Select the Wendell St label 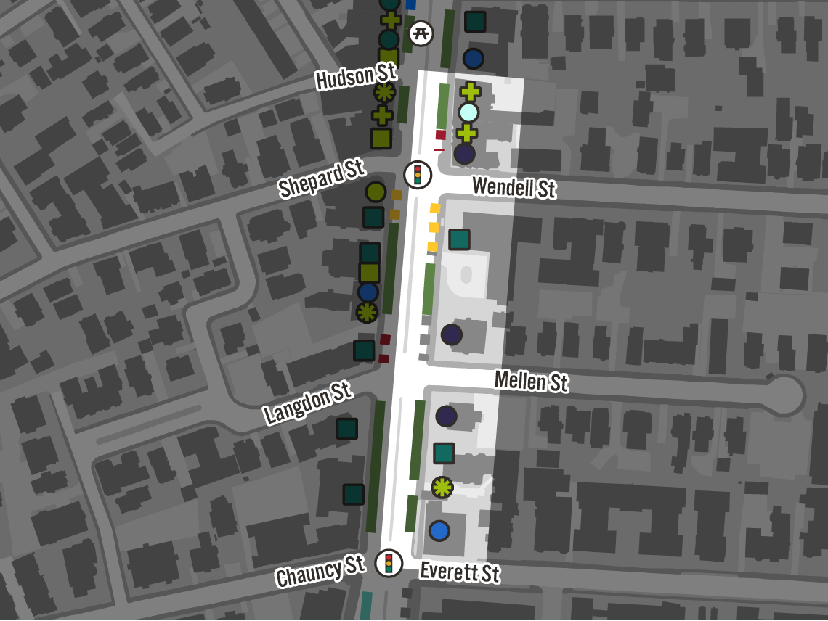click(514, 187)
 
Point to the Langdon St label click(308, 403)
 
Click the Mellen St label click(531, 381)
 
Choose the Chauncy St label click(320, 572)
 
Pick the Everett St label click(460, 572)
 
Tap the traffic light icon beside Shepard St click(418, 175)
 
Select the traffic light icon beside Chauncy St click(389, 563)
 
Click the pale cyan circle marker click(468, 112)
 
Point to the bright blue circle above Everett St click(439, 531)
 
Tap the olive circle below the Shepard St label click(375, 192)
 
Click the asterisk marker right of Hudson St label click(384, 92)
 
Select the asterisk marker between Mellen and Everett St click(442, 487)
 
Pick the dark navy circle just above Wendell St click(464, 154)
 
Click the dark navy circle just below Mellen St click(446, 416)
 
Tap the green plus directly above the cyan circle click(470, 92)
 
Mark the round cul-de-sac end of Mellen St click(786, 395)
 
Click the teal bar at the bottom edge click(366, 606)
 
